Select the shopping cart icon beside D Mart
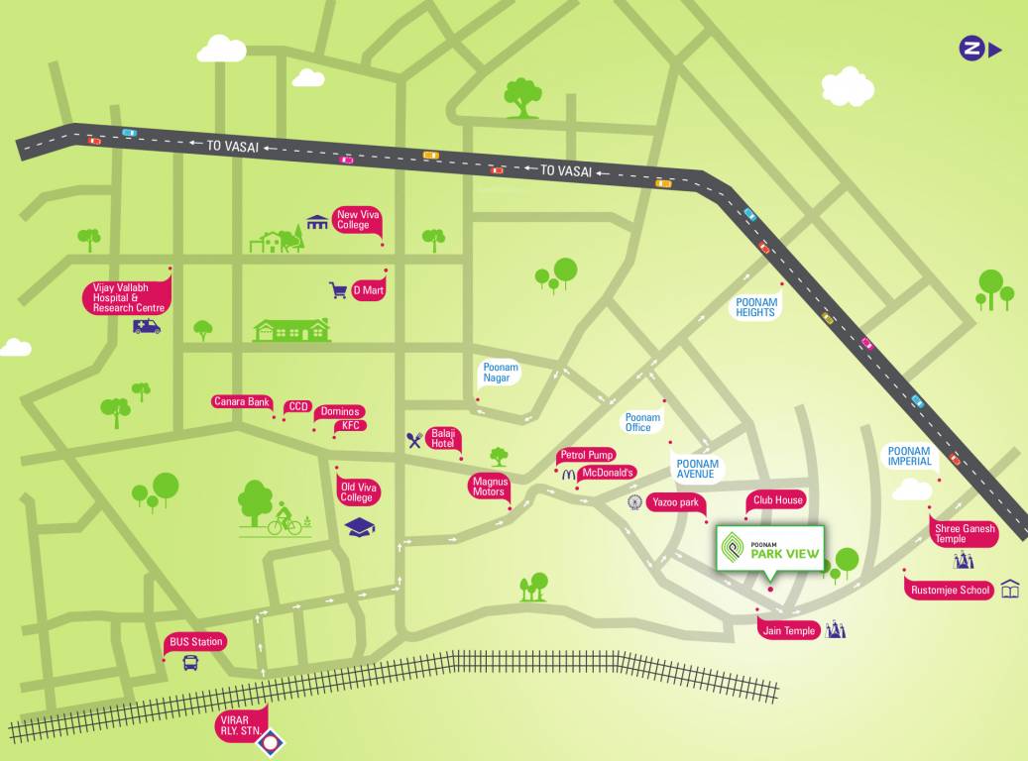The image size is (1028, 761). pyautogui.click(x=338, y=290)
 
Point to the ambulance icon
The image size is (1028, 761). pyautogui.click(x=147, y=326)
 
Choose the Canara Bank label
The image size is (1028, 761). pyautogui.click(x=242, y=401)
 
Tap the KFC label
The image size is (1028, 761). pyautogui.click(x=350, y=426)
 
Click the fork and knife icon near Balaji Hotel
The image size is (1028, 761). pyautogui.click(x=414, y=441)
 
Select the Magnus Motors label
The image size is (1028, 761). pyautogui.click(x=488, y=486)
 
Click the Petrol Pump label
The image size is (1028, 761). pyautogui.click(x=587, y=455)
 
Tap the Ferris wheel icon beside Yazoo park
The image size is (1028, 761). pyautogui.click(x=634, y=502)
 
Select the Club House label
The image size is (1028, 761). pyautogui.click(x=777, y=500)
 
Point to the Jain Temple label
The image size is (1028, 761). pyautogui.click(x=789, y=630)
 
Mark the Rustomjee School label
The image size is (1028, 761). pyautogui.click(x=951, y=591)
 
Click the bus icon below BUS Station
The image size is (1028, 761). pyautogui.click(x=190, y=662)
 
